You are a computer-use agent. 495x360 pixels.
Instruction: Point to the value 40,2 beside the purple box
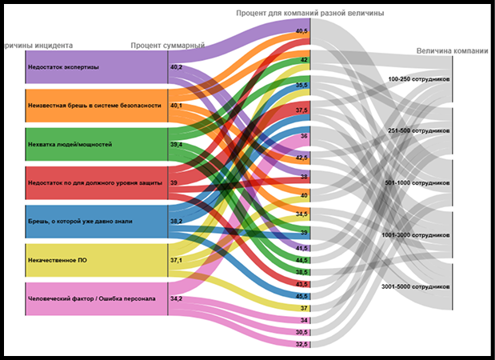coord(176,67)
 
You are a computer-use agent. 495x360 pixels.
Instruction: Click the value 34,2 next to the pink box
coord(176,298)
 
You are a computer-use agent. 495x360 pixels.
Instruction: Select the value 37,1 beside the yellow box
coord(176,260)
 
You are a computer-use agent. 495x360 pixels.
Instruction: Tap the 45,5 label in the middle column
coord(301,296)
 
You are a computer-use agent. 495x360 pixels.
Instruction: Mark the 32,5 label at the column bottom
coord(301,344)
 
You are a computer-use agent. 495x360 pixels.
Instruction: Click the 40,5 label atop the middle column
coord(301,31)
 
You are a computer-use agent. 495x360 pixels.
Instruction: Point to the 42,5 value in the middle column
coord(301,158)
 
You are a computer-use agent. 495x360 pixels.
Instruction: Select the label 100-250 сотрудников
coord(419,80)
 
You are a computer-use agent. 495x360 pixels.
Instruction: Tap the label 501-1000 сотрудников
coord(418,182)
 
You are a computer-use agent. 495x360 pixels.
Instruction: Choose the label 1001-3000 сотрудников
coord(417,235)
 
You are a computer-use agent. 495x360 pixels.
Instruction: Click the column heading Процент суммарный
coord(168,46)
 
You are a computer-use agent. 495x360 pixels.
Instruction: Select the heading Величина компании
coord(452,51)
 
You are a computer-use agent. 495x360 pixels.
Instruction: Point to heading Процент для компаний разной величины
coord(309,14)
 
